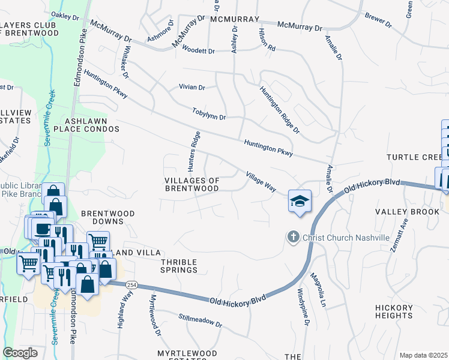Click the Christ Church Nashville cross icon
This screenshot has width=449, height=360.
(293, 238)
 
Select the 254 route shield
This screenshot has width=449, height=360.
(137, 285)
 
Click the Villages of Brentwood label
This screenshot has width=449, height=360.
(191, 184)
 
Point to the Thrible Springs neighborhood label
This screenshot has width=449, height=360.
(179, 266)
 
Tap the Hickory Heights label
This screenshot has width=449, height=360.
(394, 312)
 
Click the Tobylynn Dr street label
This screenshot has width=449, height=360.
(209, 113)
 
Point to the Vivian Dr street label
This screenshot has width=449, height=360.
(191, 87)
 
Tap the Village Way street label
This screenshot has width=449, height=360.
(261, 182)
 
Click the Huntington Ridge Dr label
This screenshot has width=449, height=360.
(279, 109)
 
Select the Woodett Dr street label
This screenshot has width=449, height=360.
(198, 51)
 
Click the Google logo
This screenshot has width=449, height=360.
(20, 353)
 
